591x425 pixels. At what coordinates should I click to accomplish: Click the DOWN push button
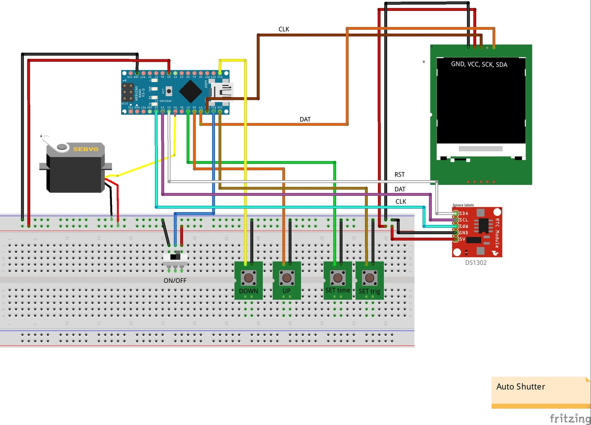(x=249, y=277)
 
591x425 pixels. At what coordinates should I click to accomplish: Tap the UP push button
(x=287, y=277)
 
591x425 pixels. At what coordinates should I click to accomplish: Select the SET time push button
(x=338, y=277)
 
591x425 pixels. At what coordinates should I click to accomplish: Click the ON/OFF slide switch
(x=175, y=258)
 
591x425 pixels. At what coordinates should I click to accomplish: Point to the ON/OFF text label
(x=175, y=281)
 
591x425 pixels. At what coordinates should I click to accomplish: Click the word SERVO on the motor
(x=86, y=149)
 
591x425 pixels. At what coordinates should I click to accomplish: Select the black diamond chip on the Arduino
(x=190, y=91)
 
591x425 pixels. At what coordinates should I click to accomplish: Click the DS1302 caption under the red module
(x=476, y=263)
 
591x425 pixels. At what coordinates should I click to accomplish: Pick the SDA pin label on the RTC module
(x=464, y=213)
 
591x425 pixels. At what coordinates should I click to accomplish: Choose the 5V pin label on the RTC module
(x=462, y=239)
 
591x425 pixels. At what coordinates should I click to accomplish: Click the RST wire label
(x=400, y=175)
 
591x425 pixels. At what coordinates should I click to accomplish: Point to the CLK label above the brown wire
(x=284, y=29)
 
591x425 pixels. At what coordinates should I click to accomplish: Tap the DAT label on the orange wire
(x=305, y=120)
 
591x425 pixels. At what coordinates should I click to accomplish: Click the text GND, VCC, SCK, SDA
(x=479, y=64)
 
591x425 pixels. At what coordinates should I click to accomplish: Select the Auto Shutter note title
(x=521, y=387)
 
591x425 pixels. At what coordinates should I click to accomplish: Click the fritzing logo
(x=570, y=418)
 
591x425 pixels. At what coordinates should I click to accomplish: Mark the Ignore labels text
(x=463, y=205)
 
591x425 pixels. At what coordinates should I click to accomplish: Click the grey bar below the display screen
(x=481, y=149)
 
